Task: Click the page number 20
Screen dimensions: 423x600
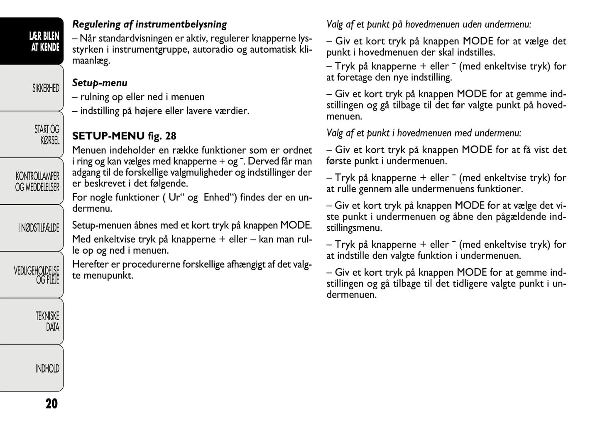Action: [51, 403]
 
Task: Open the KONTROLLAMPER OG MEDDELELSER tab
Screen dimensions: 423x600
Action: [37, 182]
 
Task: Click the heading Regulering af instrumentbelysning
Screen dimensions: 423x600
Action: [149, 24]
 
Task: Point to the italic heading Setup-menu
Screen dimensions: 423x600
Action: [100, 83]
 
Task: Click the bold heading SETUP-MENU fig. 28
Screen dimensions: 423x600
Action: [124, 136]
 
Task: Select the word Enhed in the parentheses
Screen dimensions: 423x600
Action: [216, 197]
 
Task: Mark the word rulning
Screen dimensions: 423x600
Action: [95, 97]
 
